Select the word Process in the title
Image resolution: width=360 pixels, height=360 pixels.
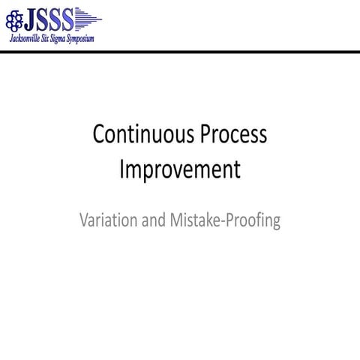point(232,135)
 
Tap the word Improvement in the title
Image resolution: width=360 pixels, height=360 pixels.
point(180,169)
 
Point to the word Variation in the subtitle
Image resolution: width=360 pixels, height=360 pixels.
point(107,221)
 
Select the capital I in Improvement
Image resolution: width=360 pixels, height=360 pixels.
point(122,169)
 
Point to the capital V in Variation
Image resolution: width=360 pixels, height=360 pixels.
point(83,221)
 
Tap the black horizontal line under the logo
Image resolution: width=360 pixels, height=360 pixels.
point(180,51)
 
